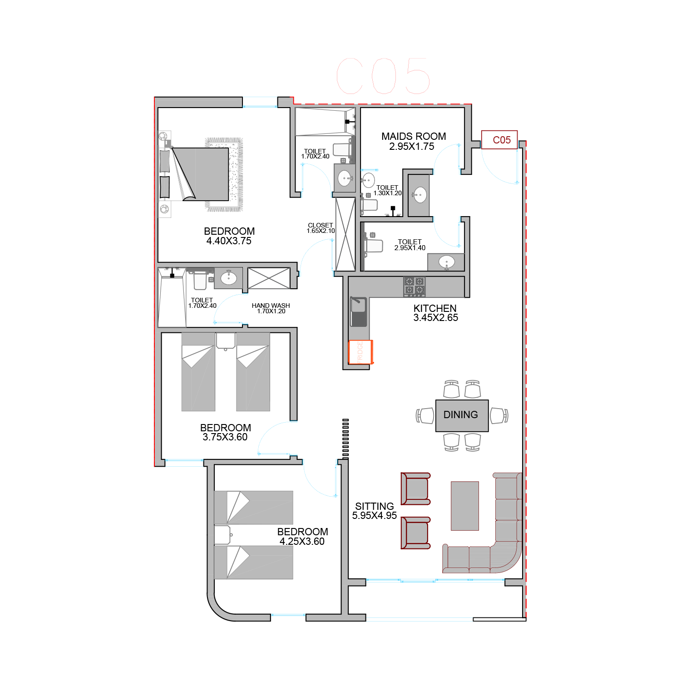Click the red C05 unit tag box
pyautogui.click(x=499, y=140)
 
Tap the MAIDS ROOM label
pyautogui.click(x=414, y=136)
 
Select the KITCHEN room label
pyautogui.click(x=435, y=308)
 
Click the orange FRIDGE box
pyautogui.click(x=360, y=352)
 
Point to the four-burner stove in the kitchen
pyautogui.click(x=414, y=286)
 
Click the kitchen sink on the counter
pyautogui.click(x=358, y=311)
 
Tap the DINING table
pyautogui.click(x=462, y=415)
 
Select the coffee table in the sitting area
pyautogui.click(x=465, y=506)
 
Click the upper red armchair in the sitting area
pyautogui.click(x=415, y=489)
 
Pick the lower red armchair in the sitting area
pyautogui.click(x=415, y=533)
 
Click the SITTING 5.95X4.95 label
pyautogui.click(x=375, y=511)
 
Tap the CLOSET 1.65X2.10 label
pyautogui.click(x=321, y=228)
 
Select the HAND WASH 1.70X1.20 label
pyautogui.click(x=271, y=308)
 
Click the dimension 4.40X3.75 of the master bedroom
pyautogui.click(x=229, y=241)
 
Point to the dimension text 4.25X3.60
pyautogui.click(x=302, y=542)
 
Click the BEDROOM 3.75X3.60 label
pyautogui.click(x=225, y=432)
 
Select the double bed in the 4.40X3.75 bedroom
pyautogui.click(x=200, y=174)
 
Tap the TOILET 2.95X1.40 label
pyautogui.click(x=410, y=245)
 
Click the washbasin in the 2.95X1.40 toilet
pyautogui.click(x=447, y=262)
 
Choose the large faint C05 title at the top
pyautogui.click(x=384, y=76)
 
